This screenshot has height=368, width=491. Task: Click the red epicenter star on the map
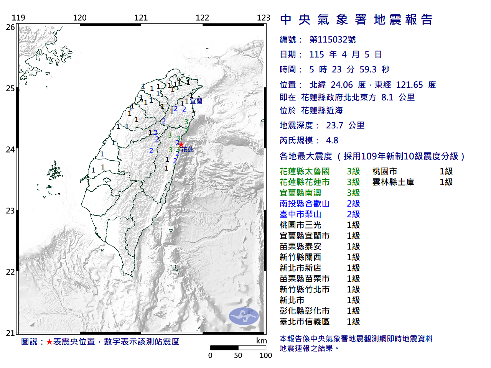point(181,145)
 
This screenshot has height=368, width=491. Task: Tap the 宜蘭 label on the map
point(196,101)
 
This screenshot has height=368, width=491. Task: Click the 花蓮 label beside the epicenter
point(188,149)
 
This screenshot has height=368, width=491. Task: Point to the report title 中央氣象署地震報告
point(356,20)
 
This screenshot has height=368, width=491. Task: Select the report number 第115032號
point(333,39)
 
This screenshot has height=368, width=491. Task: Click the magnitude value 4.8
point(332,140)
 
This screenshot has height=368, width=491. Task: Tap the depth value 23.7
point(334,125)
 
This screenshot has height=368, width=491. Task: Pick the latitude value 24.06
point(342,85)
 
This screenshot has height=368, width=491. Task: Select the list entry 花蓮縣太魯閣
point(305,171)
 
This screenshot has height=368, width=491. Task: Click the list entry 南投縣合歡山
point(305,204)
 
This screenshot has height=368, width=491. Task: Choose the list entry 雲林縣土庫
point(393,182)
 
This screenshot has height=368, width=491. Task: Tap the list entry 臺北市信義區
point(305,322)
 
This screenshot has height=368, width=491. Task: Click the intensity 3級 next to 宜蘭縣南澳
point(353,193)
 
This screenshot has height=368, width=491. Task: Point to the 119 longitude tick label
point(18,18)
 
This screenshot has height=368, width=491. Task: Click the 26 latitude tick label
point(10,27)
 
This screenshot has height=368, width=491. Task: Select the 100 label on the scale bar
point(266,355)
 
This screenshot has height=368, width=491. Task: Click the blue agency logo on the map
point(244,316)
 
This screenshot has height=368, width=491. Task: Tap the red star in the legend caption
point(49,342)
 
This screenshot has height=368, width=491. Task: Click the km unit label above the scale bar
point(262,341)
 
